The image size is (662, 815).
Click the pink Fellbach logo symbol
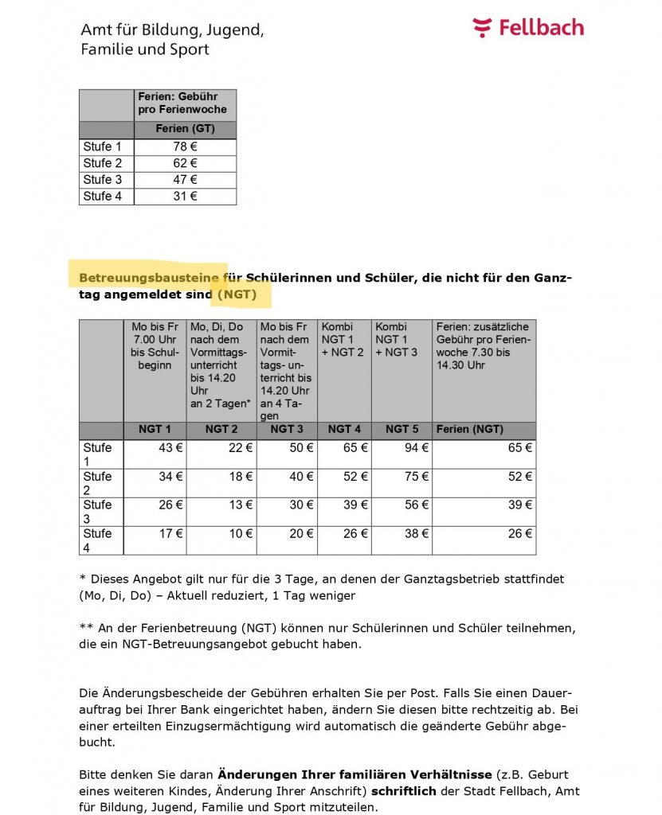482,28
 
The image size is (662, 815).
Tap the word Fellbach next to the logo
541,28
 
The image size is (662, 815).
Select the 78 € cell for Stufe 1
185,147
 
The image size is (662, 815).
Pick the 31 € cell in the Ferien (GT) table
185,197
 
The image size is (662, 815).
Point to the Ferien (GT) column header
185,129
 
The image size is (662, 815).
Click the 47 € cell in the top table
185,180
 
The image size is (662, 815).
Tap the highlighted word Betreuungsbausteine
149,279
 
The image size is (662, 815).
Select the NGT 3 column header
288,429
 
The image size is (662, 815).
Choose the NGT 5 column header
402,429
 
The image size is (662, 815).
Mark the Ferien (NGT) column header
470,429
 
